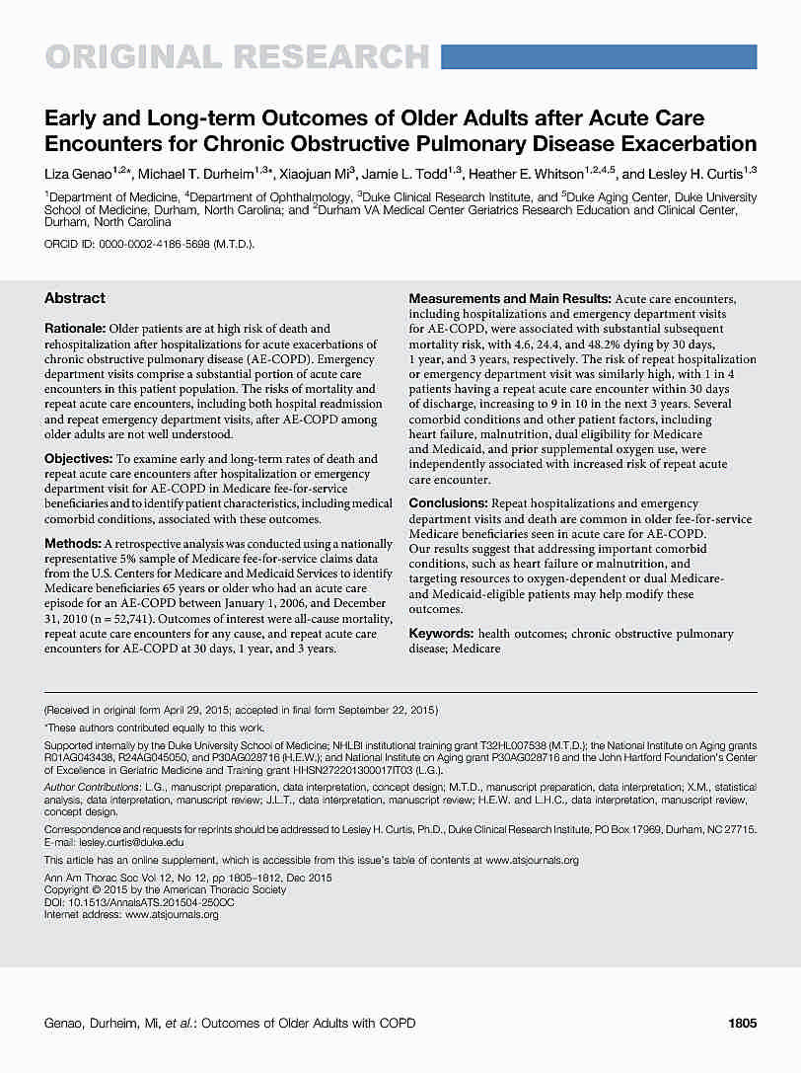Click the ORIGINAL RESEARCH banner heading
(237, 56)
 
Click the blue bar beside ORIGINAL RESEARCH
(598, 56)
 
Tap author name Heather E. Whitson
(531, 174)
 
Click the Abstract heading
(75, 298)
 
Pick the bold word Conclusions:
(448, 503)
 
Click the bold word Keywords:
(440, 634)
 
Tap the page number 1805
(742, 1024)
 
